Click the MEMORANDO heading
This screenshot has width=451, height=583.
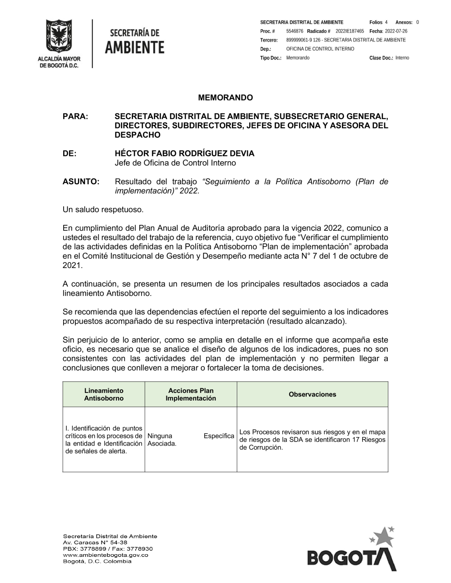[225, 98]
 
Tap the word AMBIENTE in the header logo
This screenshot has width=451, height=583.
[135, 47]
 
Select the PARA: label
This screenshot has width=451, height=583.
[75, 116]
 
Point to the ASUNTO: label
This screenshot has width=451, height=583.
[81, 182]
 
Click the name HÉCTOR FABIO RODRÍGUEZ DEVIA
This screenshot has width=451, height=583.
[184, 154]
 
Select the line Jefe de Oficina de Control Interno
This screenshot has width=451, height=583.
[175, 163]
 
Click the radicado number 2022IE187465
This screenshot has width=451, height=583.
[350, 31]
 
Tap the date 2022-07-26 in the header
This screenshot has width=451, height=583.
[396, 31]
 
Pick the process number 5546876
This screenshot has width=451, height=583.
[295, 31]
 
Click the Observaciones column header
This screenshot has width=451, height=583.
[312, 395]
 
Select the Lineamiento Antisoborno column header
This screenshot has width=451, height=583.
[104, 395]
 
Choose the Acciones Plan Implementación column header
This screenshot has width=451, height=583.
[191, 395]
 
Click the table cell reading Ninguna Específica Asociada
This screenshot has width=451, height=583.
[191, 440]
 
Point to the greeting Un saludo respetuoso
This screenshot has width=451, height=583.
[103, 210]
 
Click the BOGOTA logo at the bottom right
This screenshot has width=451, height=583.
[351, 552]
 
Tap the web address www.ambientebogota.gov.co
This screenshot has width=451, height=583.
[106, 555]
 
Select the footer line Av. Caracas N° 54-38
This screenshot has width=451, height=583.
[95, 542]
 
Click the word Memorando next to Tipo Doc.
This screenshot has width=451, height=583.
[298, 58]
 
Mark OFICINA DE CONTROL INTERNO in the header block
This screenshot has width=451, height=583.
[320, 49]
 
